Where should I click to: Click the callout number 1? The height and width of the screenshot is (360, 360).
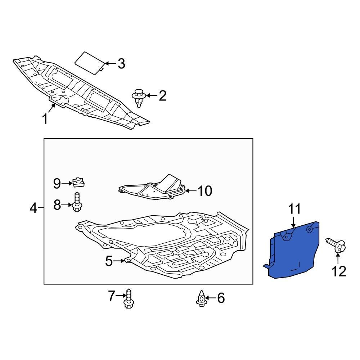[x=45, y=119]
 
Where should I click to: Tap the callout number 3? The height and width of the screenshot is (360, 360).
[x=121, y=64]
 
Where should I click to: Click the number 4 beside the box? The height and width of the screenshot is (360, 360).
[x=33, y=208]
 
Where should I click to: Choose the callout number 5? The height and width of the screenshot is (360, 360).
[x=109, y=261]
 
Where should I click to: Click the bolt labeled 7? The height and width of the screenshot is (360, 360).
[x=129, y=298]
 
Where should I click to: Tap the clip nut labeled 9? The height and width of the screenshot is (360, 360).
[x=78, y=182]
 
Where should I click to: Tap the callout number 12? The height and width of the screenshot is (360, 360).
[x=339, y=271]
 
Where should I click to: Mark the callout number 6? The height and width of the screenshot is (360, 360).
[x=221, y=298]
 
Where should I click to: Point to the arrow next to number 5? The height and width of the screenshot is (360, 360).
[x=119, y=261]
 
